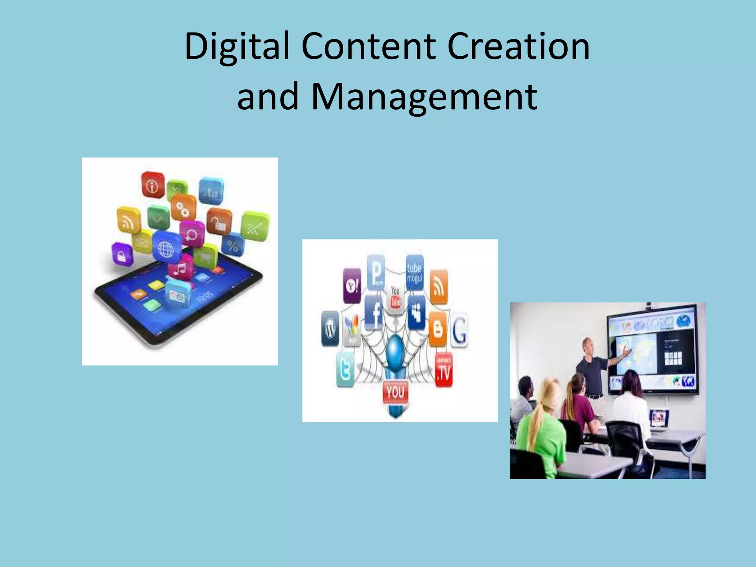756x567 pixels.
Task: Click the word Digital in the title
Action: [237, 47]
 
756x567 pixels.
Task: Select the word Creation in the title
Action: [518, 47]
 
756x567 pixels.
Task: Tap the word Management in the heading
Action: [425, 97]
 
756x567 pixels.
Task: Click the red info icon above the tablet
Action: [152, 185]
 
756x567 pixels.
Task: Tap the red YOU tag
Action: [395, 392]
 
